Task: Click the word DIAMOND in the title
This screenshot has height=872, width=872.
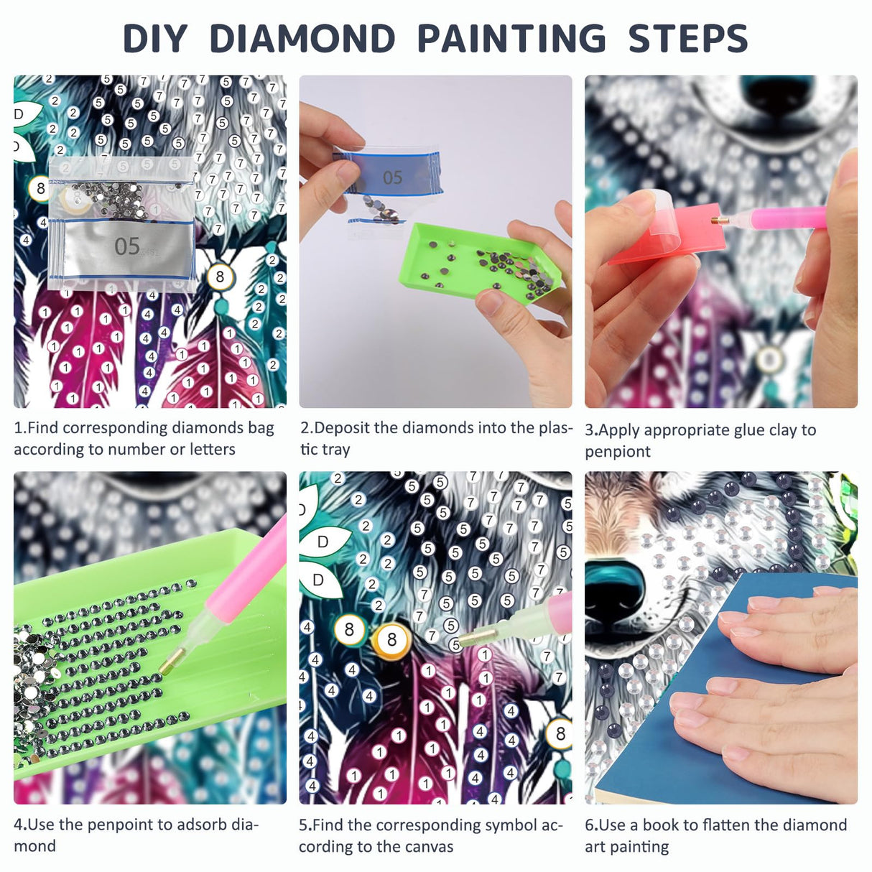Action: tap(302, 39)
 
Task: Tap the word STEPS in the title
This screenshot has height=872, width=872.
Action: tap(688, 39)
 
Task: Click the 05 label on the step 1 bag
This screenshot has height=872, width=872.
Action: tap(126, 246)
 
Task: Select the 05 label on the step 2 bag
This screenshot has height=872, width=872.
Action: tap(392, 177)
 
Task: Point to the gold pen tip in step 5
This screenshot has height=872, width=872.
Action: tap(470, 639)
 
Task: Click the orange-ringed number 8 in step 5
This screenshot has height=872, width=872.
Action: tap(391, 639)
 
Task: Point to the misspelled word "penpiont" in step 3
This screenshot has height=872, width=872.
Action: tap(618, 452)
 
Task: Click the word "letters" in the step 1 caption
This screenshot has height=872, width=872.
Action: tap(213, 450)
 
